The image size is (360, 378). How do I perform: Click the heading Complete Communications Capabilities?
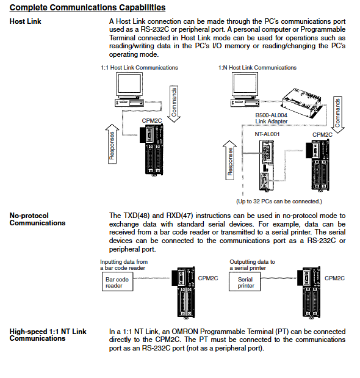(87, 7)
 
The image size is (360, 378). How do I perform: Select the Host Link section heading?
(25, 21)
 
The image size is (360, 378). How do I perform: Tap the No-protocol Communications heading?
(37, 219)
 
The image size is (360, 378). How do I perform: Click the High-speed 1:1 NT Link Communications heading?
(48, 335)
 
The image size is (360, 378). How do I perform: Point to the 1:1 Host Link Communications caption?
(139, 68)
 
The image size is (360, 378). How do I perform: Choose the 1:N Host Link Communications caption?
(257, 68)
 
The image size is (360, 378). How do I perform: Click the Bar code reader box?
(118, 282)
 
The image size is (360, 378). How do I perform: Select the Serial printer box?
(245, 282)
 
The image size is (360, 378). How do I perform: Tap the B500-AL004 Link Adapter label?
(272, 118)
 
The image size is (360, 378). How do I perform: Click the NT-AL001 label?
(267, 134)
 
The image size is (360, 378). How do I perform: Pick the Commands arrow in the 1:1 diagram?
(174, 104)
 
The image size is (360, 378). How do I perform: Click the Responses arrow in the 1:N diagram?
(229, 160)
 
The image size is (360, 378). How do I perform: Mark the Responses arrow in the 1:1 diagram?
(112, 144)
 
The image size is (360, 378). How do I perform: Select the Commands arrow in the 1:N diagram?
(337, 115)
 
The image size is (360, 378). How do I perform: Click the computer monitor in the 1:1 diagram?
(129, 85)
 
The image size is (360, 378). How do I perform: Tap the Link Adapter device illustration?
(301, 103)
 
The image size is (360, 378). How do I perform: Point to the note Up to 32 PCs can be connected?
(279, 202)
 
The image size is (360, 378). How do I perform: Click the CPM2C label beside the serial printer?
(334, 278)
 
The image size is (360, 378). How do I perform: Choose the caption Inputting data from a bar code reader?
(124, 264)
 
